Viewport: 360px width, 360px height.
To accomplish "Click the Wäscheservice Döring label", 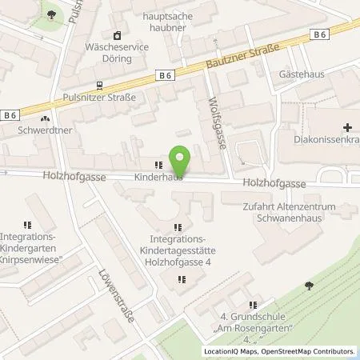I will coord(118,46).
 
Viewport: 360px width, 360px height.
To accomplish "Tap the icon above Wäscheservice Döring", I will coord(118,34).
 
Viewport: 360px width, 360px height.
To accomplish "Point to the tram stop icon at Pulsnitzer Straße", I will coord(98,86).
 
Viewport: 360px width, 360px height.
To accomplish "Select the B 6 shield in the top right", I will coord(320,34).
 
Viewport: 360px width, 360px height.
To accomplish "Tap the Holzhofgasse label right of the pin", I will coord(274,183).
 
